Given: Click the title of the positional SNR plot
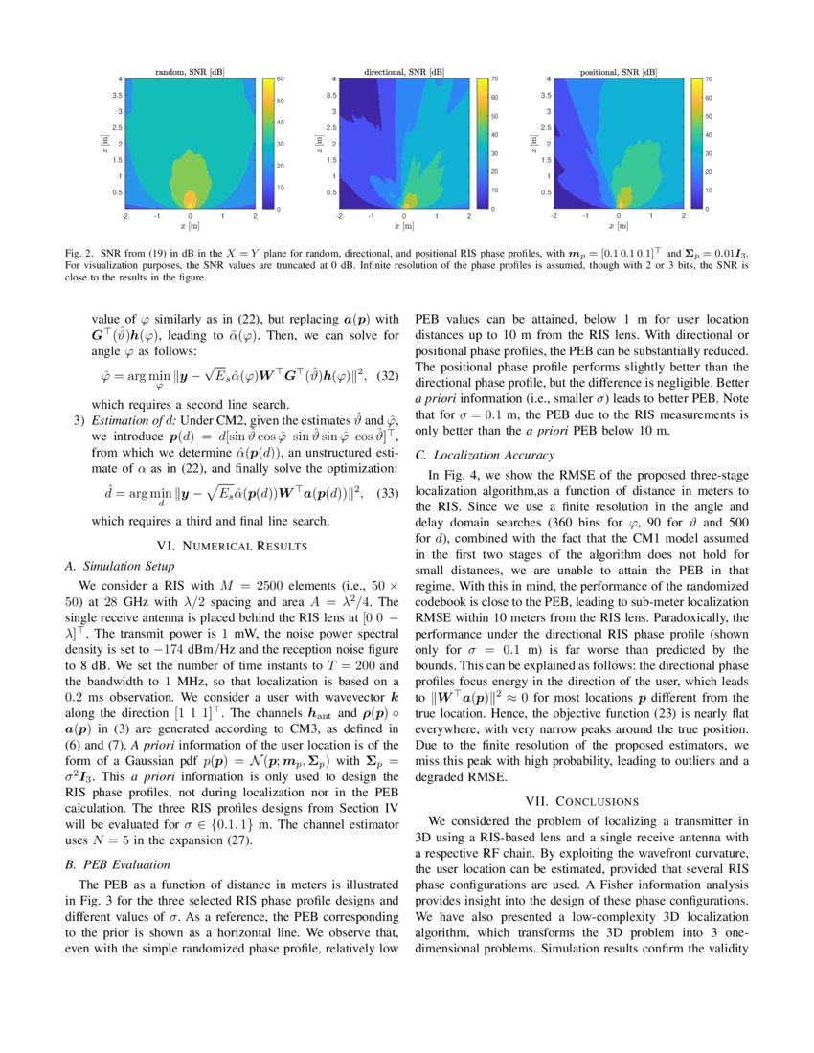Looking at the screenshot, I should point(618,73).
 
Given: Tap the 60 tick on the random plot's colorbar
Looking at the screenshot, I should point(281,78).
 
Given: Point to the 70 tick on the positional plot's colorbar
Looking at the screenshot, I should point(709,78).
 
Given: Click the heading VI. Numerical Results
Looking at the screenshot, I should point(233,545).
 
